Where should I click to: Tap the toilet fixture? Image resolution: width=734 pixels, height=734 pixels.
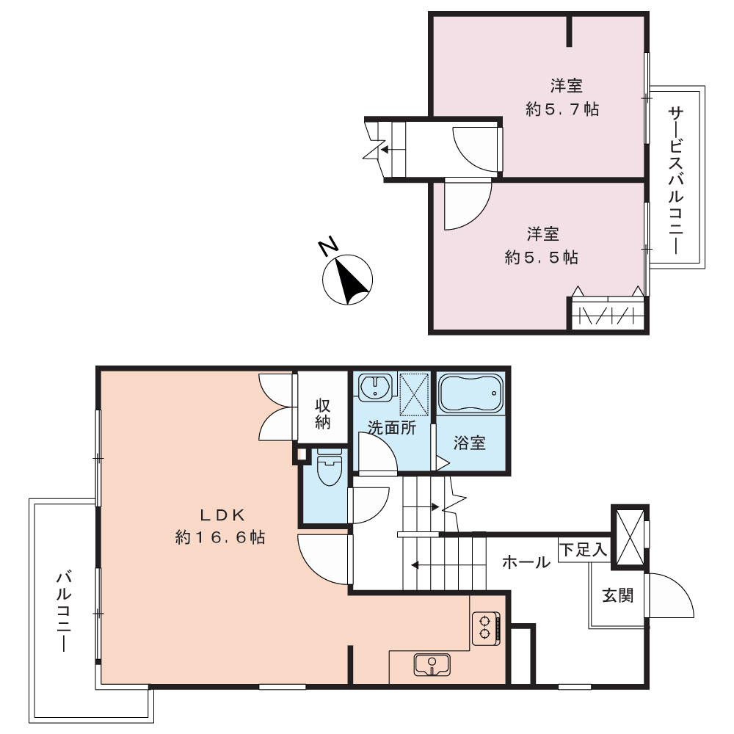click(330, 468)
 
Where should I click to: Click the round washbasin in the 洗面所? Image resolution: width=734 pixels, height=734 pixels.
click(374, 388)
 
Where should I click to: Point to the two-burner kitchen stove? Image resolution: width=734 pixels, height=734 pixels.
click(486, 628)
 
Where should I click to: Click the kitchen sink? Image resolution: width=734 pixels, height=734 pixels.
click(432, 664)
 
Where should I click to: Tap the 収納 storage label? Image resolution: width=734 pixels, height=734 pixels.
click(322, 414)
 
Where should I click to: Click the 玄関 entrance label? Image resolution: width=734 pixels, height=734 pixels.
click(617, 595)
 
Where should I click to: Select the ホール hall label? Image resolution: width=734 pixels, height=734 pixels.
click(526, 562)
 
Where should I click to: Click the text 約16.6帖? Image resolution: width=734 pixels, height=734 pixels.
click(220, 537)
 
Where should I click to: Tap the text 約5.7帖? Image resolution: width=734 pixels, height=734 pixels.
click(562, 109)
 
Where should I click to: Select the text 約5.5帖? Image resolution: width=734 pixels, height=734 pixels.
click(541, 257)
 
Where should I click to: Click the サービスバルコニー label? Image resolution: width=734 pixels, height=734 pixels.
click(675, 181)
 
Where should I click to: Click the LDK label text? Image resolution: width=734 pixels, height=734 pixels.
click(222, 515)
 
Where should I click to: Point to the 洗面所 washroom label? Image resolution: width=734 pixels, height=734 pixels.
click(392, 427)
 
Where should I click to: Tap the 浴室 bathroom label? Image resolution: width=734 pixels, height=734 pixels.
click(470, 443)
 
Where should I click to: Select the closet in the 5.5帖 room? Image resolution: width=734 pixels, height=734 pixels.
click(608, 313)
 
